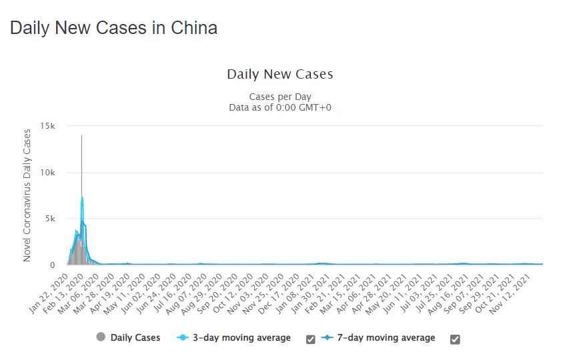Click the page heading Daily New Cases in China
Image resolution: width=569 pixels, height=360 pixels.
(113, 28)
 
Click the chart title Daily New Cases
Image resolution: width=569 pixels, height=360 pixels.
(279, 74)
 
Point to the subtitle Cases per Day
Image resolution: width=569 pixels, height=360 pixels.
(279, 96)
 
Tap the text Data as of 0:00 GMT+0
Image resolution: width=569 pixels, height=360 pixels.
(279, 107)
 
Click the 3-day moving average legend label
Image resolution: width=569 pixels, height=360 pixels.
(241, 338)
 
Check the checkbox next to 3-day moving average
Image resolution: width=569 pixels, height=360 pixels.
(311, 339)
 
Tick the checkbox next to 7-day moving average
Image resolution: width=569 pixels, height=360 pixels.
(455, 339)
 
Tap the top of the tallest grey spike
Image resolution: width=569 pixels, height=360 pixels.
(82, 135)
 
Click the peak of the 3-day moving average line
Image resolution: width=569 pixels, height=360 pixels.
(82, 197)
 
